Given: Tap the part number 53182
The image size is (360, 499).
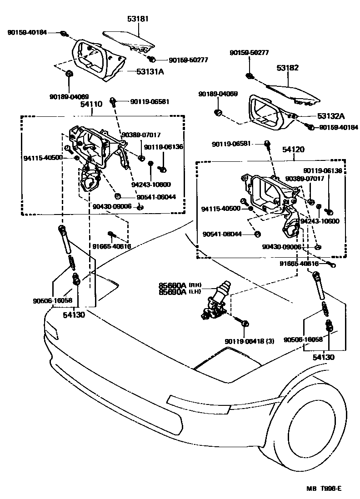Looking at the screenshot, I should [288, 68].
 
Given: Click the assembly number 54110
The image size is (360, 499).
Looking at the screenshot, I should [91, 104].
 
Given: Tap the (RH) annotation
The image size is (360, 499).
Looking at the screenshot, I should [195, 285].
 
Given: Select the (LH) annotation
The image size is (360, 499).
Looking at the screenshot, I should [195, 292].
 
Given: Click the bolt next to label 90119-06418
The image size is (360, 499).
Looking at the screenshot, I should [245, 324].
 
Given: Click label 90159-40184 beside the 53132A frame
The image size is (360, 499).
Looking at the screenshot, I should [338, 127].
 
